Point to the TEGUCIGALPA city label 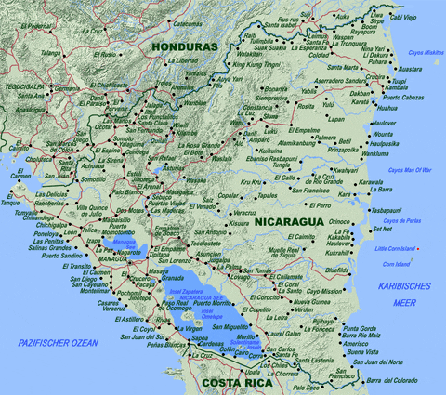(23, 85)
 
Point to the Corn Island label (400, 265)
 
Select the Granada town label (173, 278)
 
